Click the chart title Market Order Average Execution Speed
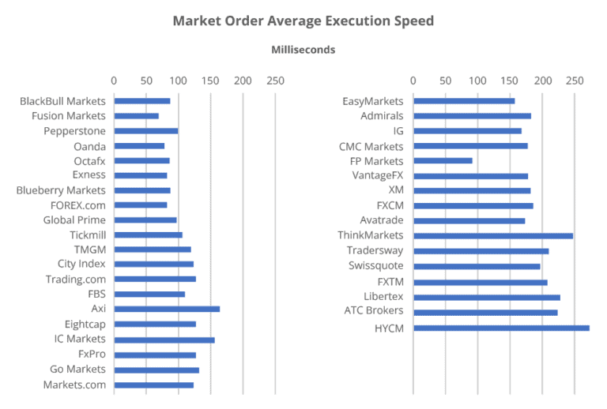point(303,21)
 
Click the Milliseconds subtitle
point(303,50)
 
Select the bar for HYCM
point(501,328)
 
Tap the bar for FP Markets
point(443,161)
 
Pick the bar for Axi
point(167,310)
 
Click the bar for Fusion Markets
point(136,116)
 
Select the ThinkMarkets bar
point(493,235)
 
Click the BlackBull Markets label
point(63,101)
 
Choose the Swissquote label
point(375,266)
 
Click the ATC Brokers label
point(373,310)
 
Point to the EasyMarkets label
point(372,101)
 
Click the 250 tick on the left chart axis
point(275,81)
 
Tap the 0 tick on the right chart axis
point(413,81)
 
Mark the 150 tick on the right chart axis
point(510,81)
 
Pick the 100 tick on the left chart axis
point(178,81)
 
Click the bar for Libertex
point(487,298)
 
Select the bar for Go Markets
point(156,370)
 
